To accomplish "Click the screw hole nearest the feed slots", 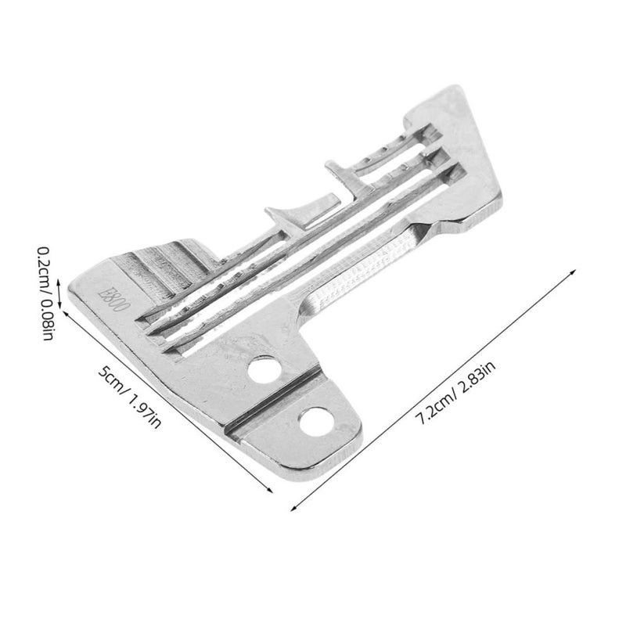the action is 264,370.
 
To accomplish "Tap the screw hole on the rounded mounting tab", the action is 316,422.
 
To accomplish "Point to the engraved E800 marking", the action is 114,300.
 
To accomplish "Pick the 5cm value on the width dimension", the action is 110,380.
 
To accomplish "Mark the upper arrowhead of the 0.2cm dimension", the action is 59,282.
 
